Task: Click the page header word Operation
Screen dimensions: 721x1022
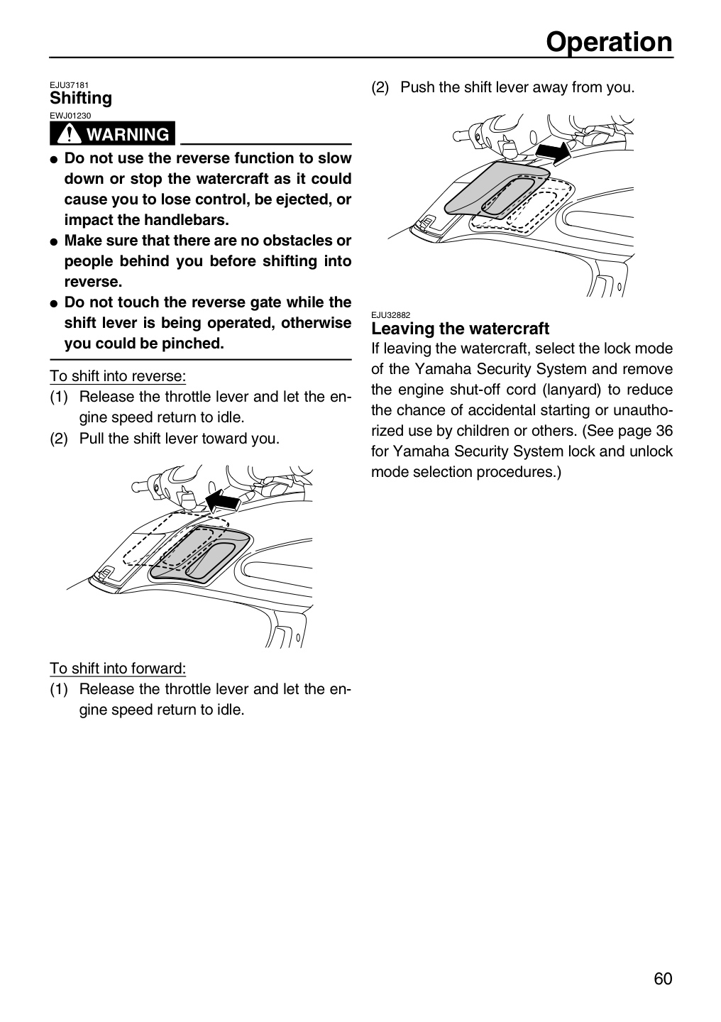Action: [609, 43]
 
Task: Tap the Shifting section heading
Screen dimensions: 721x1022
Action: [81, 99]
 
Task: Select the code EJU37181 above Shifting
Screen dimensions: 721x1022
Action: [69, 85]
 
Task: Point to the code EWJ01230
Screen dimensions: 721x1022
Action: [70, 116]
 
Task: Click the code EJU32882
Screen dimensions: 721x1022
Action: [390, 315]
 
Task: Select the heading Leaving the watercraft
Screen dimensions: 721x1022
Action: [460, 329]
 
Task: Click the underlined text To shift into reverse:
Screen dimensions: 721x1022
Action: [118, 376]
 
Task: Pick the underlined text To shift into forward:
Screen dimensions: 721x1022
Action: [118, 669]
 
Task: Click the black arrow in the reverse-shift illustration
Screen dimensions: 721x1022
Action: [223, 500]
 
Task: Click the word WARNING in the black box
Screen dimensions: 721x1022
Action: [128, 135]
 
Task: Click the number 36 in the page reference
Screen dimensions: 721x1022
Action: [664, 432]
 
